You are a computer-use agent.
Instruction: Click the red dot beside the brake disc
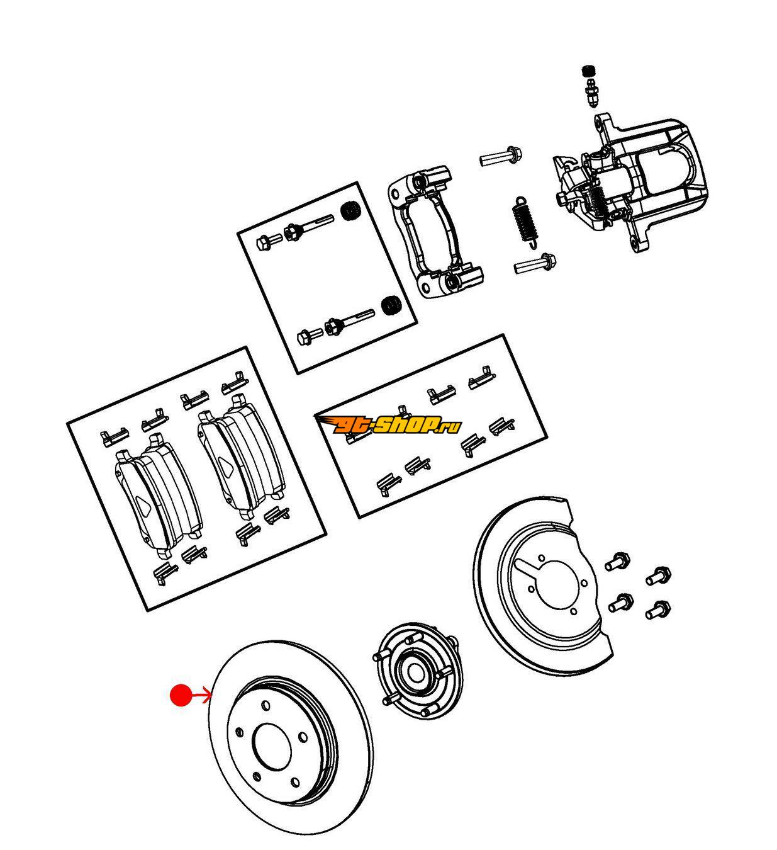coord(181,695)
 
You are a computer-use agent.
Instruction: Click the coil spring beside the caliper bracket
coord(524,221)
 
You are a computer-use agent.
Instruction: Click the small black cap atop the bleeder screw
coord(589,70)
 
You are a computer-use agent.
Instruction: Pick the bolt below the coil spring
coord(535,263)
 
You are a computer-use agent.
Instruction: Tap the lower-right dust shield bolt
coord(657,609)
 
